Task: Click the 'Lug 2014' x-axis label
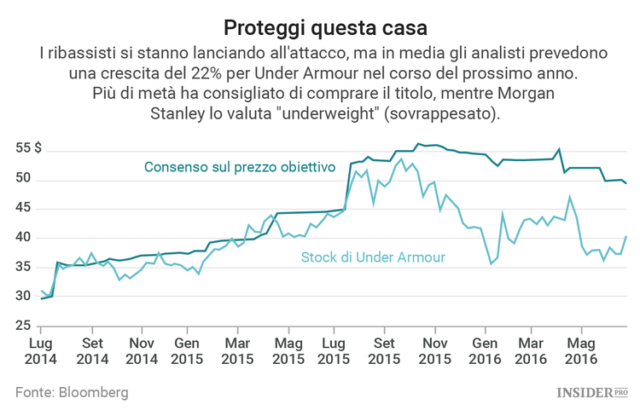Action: [41, 351]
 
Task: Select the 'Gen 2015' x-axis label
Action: [189, 351]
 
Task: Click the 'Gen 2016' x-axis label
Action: [485, 351]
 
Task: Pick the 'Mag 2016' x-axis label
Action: [581, 351]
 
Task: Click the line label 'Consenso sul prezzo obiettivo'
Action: [239, 167]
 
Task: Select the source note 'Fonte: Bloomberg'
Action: [72, 392]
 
